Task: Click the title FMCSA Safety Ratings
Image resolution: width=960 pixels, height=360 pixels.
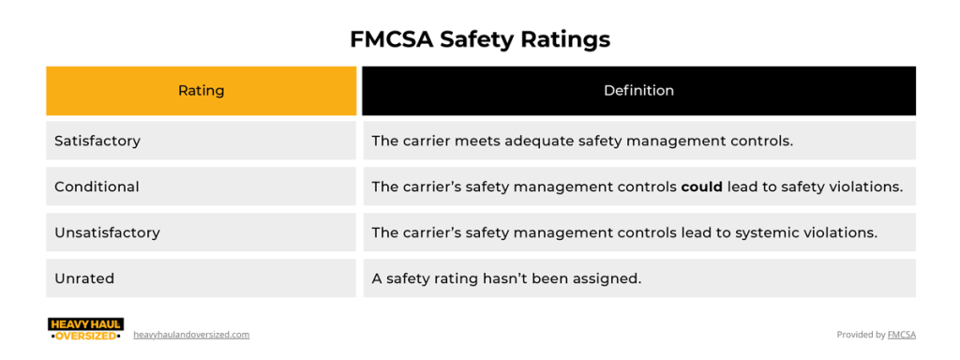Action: click(479, 39)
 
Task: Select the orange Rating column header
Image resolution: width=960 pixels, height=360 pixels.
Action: click(201, 91)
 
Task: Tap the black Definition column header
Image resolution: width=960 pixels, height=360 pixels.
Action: click(638, 91)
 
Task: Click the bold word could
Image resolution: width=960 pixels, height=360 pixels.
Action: click(701, 187)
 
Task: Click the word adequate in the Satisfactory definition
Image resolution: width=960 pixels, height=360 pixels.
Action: click(533, 141)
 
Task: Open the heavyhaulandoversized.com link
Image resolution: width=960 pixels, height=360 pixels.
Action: click(191, 335)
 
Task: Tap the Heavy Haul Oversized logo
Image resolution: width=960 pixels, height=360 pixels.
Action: click(85, 329)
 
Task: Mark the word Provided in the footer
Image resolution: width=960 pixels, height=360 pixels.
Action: click(854, 335)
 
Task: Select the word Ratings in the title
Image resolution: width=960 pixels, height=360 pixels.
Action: click(565, 39)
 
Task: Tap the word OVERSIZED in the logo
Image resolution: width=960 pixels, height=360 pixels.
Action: click(85, 336)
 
